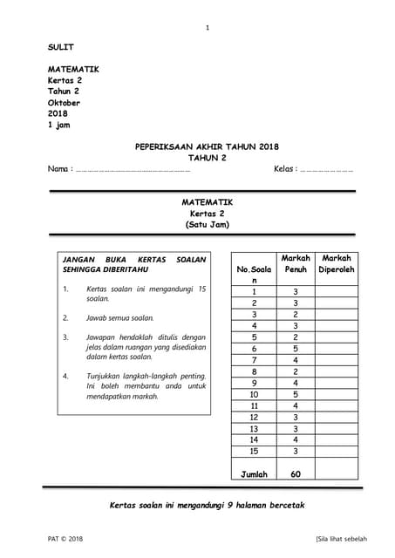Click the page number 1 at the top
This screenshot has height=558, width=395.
click(207, 29)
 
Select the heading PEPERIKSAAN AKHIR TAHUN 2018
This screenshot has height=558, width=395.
click(207, 146)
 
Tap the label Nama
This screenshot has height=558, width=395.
click(58, 168)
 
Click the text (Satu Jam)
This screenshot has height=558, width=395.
click(207, 224)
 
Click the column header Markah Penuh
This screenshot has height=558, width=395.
click(296, 264)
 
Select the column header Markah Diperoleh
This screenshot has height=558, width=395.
click(336, 264)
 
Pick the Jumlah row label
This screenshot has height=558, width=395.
click(254, 474)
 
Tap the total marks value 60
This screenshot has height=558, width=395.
click(296, 474)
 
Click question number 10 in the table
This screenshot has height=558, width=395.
click(254, 394)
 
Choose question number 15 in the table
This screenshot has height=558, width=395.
click(254, 451)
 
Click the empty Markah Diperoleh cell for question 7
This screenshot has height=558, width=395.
click(336, 360)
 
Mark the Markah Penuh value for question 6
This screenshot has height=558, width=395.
click(296, 349)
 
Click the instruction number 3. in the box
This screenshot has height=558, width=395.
click(65, 337)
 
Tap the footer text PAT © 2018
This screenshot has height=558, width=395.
click(66, 540)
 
